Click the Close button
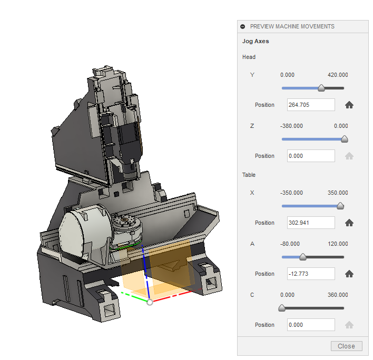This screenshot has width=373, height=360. (x=346, y=346)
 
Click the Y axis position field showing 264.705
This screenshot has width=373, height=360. (x=311, y=105)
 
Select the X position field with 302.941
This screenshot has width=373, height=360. (x=311, y=223)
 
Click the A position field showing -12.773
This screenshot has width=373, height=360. (x=311, y=274)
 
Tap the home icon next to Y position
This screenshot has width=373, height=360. (x=349, y=105)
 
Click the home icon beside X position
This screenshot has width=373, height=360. (x=349, y=223)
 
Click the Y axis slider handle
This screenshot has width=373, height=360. (x=321, y=88)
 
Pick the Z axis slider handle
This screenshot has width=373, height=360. (x=345, y=139)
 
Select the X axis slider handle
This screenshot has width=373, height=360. (x=340, y=206)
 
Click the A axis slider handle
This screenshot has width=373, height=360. (x=302, y=257)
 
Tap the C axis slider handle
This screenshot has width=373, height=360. (x=282, y=308)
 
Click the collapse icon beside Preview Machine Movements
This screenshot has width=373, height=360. (x=243, y=26)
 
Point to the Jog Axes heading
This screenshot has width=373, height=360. (x=256, y=41)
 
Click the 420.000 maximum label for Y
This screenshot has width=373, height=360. (x=338, y=75)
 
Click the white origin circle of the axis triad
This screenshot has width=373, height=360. (x=150, y=302)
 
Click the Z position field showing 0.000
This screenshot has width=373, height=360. (x=311, y=156)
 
